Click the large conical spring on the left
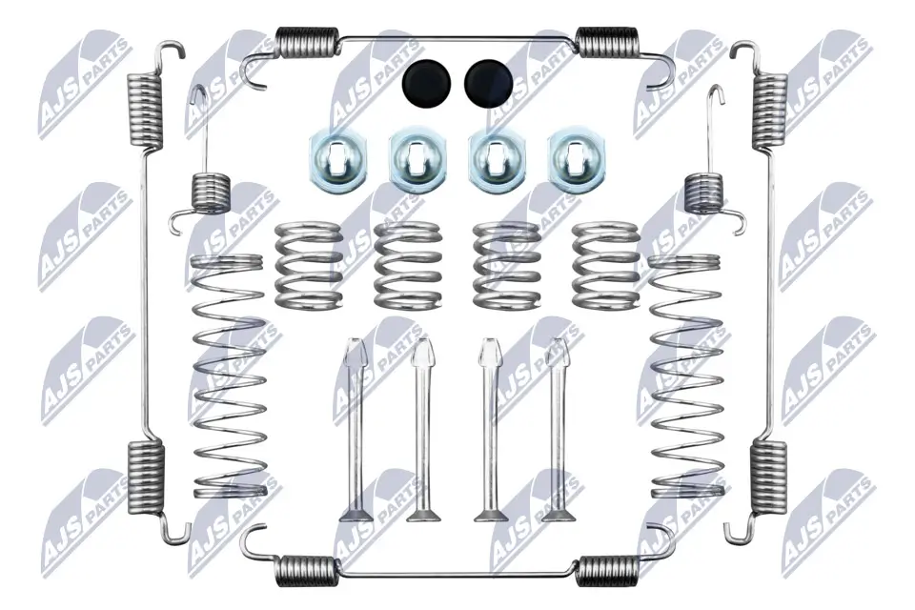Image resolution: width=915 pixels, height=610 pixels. [229, 376]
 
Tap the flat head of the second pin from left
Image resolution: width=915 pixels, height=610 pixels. [421, 516]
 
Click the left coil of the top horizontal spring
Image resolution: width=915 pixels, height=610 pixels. [306, 42]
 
